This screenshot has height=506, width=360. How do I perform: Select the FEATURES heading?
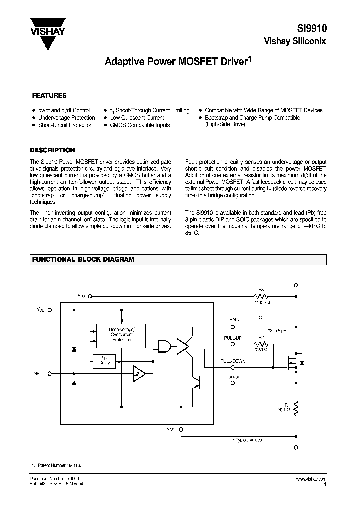pyautogui.click(x=49, y=95)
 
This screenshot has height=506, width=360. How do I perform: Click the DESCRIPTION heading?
pyautogui.click(x=53, y=150)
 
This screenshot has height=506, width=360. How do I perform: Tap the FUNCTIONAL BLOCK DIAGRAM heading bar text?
pyautogui.click(x=83, y=260)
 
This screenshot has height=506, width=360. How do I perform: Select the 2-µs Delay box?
pyautogui.click(x=105, y=361)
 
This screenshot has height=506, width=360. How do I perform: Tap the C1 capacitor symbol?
pyautogui.click(x=261, y=327)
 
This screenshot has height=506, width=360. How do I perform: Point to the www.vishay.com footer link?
pyautogui.click(x=311, y=479)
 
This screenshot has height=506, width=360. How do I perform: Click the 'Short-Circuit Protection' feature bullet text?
pyautogui.click(x=65, y=125)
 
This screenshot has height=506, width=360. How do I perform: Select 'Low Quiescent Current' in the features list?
pyautogui.click(x=137, y=118)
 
